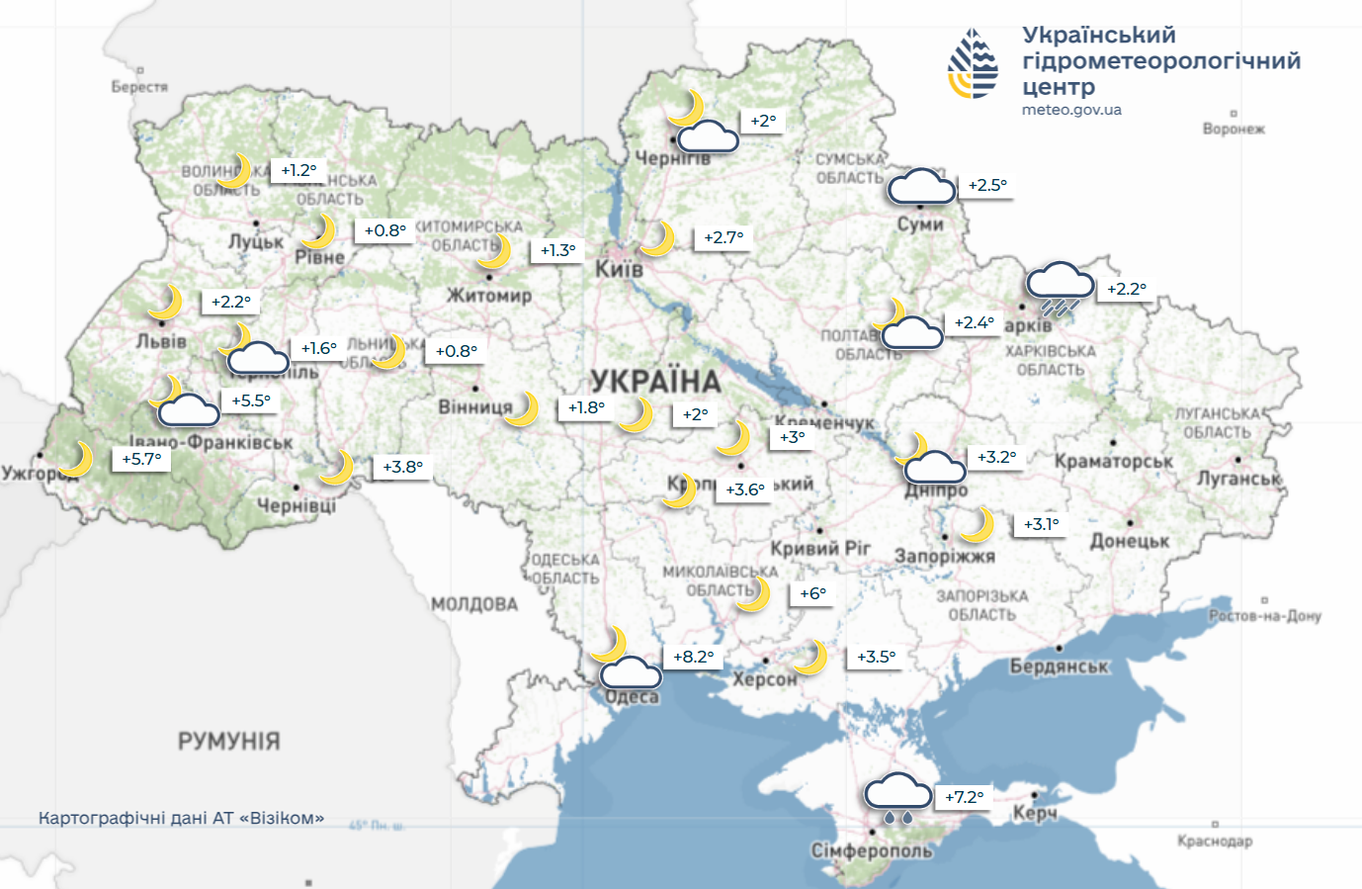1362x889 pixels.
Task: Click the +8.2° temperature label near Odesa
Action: [694, 657]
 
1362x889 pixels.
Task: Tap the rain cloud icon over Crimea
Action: [897, 796]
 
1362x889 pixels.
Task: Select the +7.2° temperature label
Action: [965, 797]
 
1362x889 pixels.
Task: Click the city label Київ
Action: [619, 269]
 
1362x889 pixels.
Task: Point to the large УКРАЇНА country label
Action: [655, 381]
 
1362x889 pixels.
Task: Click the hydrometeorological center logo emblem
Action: [973, 64]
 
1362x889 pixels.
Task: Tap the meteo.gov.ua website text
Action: [1071, 110]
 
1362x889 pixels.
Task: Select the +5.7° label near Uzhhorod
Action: [142, 459]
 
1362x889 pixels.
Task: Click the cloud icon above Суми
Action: [920, 186]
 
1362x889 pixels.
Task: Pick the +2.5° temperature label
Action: [987, 185]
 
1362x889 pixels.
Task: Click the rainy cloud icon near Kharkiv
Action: [1061, 288]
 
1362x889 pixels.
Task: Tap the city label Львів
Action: [161, 341]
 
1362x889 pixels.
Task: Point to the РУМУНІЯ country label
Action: [229, 741]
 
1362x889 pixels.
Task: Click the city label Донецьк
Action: [1130, 541]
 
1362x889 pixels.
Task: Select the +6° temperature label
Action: [812, 593]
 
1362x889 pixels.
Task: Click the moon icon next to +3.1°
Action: [977, 524]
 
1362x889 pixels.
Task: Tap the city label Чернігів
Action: [672, 158]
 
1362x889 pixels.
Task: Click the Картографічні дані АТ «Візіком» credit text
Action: [181, 818]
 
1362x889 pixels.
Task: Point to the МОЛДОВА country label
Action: [474, 604]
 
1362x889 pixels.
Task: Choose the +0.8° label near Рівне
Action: [384, 230]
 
